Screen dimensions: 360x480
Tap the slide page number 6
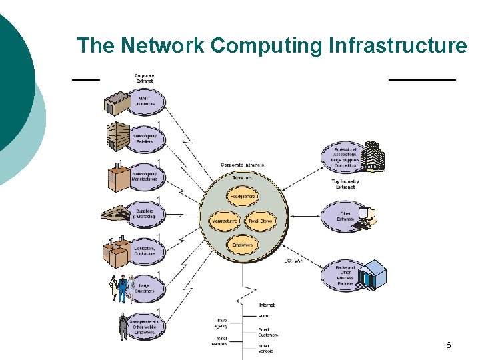448,345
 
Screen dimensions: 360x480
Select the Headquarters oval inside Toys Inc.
243,197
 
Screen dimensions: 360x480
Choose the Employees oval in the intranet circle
243,245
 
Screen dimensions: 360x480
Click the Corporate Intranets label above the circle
242,165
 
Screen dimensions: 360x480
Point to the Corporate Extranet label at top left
144,78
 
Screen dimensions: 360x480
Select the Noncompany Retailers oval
144,138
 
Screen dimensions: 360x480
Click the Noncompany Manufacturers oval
144,175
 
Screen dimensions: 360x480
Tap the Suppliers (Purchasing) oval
144,213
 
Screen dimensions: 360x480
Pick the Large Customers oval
144,288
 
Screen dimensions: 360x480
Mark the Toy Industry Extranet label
345,184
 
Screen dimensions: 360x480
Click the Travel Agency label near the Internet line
221,323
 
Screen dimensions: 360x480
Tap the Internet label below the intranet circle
266,305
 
